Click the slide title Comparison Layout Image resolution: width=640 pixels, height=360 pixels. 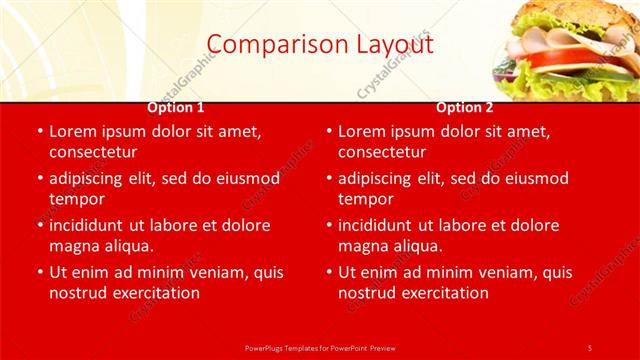pos(320,44)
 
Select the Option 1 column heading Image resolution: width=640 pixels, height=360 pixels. pos(176,108)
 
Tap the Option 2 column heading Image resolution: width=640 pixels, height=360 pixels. pos(465,108)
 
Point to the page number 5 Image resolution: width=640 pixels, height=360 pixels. pos(590,347)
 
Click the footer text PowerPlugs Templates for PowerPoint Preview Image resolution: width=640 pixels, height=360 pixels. pos(320,347)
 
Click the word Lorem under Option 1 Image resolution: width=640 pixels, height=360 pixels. pos(72,131)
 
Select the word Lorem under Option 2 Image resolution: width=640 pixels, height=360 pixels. pos(361,131)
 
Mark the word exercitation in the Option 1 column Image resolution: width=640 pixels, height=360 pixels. pos(157,293)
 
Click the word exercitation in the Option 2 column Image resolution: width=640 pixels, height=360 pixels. pos(446,293)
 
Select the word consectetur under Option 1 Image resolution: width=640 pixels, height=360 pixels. pos(93,152)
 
